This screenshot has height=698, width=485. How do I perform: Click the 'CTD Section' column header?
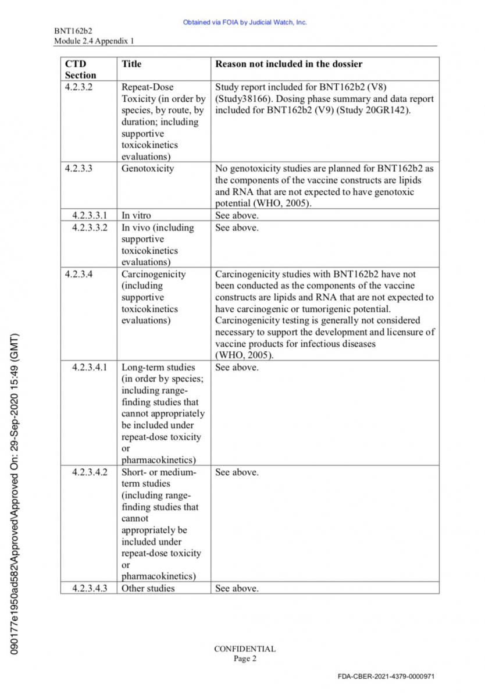(x=80, y=69)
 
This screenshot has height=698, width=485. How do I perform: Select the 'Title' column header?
(x=131, y=64)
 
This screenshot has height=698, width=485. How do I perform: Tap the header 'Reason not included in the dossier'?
(x=288, y=64)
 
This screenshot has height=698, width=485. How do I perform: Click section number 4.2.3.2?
(x=79, y=87)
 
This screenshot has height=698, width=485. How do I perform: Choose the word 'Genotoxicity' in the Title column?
(x=148, y=169)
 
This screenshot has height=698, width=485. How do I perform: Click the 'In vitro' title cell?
(x=136, y=215)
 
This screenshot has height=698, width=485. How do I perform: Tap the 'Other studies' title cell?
(x=148, y=588)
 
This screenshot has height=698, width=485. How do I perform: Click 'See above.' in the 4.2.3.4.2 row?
(x=237, y=472)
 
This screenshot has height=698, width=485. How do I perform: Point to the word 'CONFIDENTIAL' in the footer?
(x=245, y=649)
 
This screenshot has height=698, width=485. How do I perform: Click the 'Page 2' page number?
(x=245, y=658)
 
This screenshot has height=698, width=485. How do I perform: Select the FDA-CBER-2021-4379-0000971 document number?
(x=386, y=676)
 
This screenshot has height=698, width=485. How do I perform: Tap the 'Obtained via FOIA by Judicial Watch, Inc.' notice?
(x=245, y=23)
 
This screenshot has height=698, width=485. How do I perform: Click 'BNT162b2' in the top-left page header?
(x=73, y=31)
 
